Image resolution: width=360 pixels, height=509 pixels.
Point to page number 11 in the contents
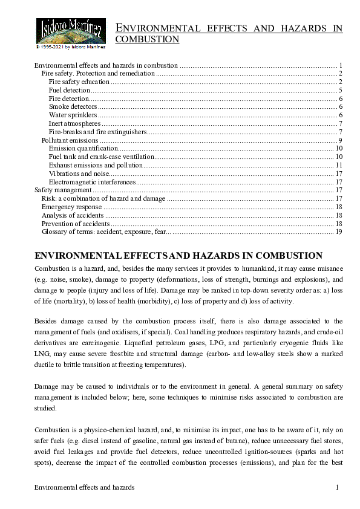[x=339, y=165]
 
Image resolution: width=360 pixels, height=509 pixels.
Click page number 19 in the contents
[x=339, y=232]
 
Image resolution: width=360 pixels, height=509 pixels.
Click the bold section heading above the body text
[x=178, y=255]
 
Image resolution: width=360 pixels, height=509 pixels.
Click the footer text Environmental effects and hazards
[x=84, y=487]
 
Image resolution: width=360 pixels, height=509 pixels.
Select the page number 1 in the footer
[x=338, y=487]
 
